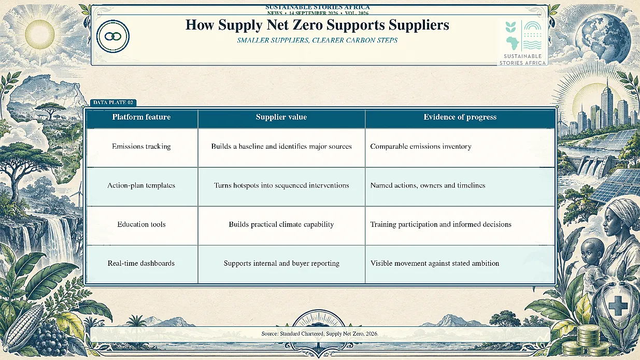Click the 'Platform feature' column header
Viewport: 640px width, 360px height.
tap(141, 117)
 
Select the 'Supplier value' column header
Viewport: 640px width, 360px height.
tap(281, 117)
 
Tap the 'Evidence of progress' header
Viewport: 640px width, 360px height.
tap(460, 117)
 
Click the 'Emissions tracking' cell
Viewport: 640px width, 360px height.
tap(141, 147)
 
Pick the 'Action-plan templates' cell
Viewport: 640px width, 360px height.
tap(141, 185)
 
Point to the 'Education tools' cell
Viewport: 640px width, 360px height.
tap(141, 224)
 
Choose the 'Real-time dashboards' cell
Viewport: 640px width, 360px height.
tap(141, 263)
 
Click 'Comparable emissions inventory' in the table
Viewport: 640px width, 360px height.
tap(421, 147)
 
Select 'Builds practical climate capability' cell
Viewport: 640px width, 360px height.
tap(281, 224)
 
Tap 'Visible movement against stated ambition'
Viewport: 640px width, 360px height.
tap(435, 263)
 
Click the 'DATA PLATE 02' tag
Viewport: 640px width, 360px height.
tap(113, 103)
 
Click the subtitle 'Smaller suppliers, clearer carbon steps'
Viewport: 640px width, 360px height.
tap(317, 40)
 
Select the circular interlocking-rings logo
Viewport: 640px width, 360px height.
tap(113, 36)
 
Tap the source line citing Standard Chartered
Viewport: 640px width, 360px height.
tap(320, 334)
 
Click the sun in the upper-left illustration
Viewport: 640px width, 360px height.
tap(40, 34)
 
